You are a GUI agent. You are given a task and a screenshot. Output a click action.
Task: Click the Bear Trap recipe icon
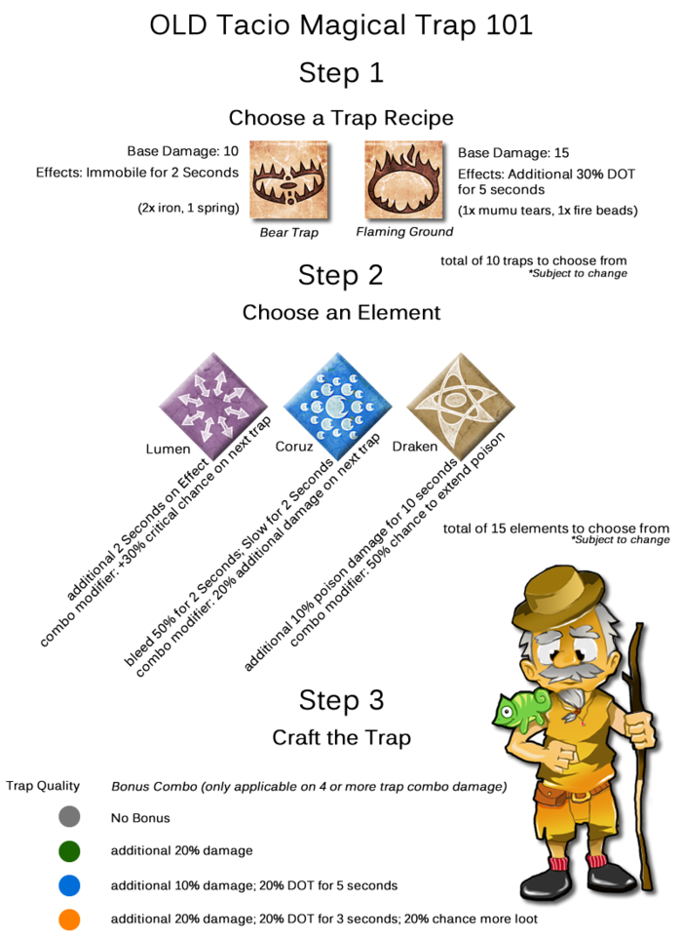287,180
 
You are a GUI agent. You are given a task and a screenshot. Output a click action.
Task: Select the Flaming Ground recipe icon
403,180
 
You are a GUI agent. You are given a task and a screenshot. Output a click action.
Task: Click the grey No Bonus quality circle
68,817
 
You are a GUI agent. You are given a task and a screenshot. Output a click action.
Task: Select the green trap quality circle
68,851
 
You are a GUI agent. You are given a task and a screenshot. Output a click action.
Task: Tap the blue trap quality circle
68,885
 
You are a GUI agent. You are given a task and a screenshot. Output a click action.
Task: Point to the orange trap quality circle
68,919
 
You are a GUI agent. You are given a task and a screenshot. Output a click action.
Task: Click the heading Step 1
341,72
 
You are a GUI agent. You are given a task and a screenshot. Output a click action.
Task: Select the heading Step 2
341,276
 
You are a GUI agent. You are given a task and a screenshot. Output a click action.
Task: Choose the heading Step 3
341,700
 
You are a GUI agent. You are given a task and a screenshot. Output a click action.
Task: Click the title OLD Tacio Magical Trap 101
341,25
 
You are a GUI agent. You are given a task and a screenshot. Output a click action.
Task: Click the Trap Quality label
43,786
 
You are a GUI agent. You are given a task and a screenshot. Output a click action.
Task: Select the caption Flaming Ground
403,232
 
